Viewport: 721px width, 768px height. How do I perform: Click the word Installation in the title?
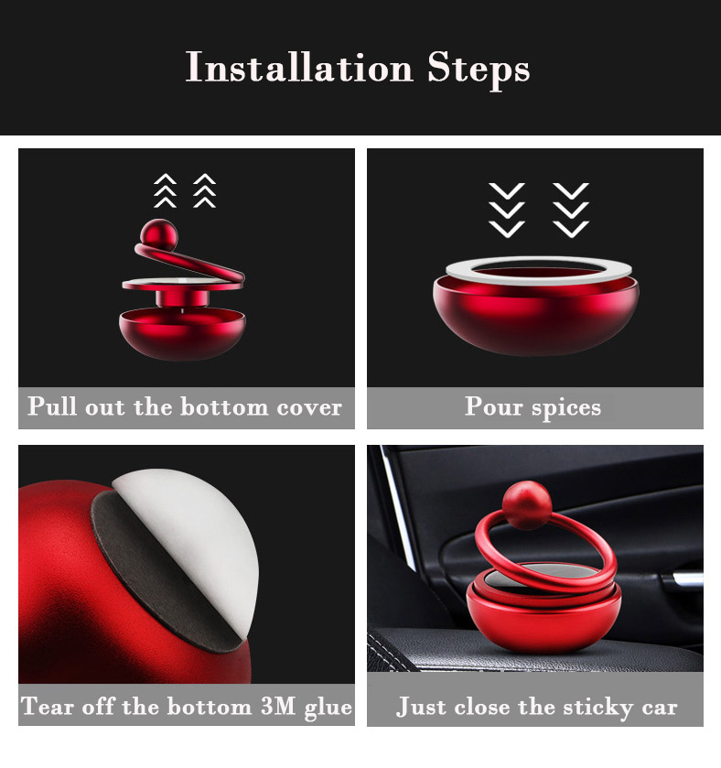299,67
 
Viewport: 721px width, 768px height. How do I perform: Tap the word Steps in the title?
479,70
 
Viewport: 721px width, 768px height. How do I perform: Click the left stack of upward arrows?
165,190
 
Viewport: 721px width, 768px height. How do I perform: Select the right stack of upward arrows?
204,190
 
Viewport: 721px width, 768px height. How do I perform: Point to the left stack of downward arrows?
507,211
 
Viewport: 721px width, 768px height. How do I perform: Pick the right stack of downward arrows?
571,211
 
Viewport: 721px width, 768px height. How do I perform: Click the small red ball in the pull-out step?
158,234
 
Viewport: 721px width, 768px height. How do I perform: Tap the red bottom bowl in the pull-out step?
182,333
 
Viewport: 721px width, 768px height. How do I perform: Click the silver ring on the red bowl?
538,270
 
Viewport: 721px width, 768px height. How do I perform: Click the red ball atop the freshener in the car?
527,505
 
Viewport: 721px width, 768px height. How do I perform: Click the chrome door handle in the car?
685,580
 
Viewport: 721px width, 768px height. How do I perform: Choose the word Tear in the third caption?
48,706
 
